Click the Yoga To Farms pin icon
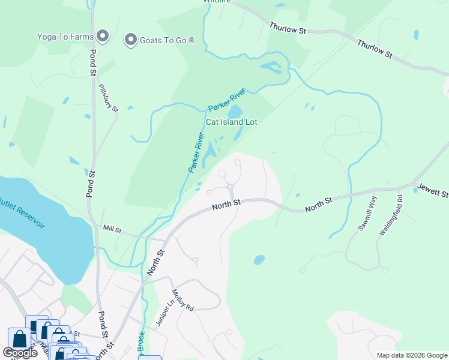click(103, 37)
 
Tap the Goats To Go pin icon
click(130, 40)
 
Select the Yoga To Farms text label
click(64, 36)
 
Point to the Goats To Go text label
click(167, 40)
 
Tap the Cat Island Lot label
click(232, 122)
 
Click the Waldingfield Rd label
click(390, 214)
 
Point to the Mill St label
click(112, 229)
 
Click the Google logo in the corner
click(20, 353)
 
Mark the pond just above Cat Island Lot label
click(235, 112)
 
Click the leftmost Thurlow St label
click(288, 28)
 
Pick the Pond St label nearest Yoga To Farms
click(94, 46)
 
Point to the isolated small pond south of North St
click(259, 260)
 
